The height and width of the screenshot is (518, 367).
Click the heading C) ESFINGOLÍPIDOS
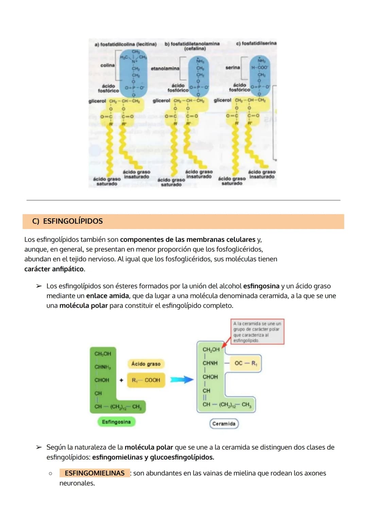[x=67, y=221]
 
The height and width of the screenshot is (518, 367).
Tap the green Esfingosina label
[x=116, y=422]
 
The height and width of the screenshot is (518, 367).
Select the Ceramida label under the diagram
[x=224, y=424]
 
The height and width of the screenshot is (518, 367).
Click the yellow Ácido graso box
[x=146, y=364]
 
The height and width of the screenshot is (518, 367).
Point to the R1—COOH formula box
[x=146, y=380]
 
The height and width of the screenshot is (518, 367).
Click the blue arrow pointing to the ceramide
[x=181, y=380]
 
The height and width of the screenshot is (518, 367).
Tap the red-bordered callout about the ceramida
[x=257, y=332]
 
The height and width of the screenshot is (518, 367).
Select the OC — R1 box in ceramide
[x=246, y=363]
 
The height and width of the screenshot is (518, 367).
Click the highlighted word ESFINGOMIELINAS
[x=94, y=473]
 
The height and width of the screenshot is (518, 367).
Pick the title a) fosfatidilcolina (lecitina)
[x=125, y=44]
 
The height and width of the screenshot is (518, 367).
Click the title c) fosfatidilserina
[x=256, y=43]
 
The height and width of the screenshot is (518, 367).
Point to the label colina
[x=107, y=65]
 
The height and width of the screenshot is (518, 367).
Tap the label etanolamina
[x=165, y=69]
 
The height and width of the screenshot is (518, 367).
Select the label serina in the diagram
[x=232, y=68]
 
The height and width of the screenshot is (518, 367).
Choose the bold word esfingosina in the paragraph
[x=261, y=286]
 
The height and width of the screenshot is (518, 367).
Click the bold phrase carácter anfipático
[x=54, y=269]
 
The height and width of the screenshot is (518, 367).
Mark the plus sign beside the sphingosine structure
[x=121, y=380]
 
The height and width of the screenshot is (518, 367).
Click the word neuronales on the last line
[x=77, y=483]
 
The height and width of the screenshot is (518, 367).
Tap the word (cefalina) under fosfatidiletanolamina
[x=195, y=49]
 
